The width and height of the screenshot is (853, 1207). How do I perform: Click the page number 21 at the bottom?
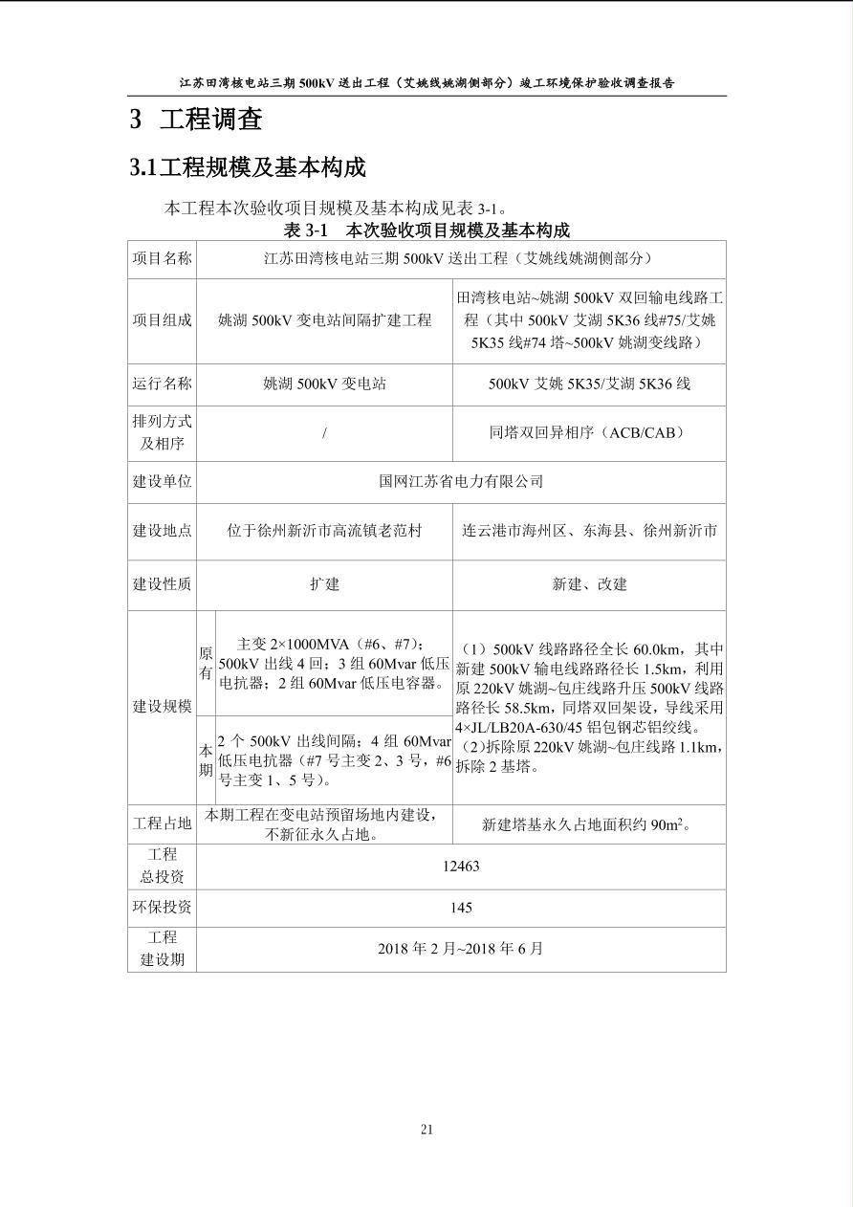tap(426, 1130)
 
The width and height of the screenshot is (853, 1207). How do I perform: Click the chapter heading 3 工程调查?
tap(195, 120)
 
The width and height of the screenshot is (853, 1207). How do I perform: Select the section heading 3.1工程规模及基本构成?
tap(248, 168)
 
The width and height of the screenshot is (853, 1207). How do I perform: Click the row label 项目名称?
tap(162, 258)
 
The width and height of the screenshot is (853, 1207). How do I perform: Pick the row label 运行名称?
tap(162, 384)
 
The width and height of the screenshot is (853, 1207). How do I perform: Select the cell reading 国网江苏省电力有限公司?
tap(461, 481)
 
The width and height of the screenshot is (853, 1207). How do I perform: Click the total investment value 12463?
tap(461, 867)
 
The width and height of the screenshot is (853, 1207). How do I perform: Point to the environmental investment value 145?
tap(461, 908)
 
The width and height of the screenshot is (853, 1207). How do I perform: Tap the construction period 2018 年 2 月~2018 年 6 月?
tap(461, 949)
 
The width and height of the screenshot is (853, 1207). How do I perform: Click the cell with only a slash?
tap(325, 433)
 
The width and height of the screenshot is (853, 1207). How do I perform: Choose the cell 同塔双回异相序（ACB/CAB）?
tap(588, 433)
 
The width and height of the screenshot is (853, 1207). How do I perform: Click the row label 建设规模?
tap(162, 707)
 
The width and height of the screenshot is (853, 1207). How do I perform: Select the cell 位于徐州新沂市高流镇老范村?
tap(324, 530)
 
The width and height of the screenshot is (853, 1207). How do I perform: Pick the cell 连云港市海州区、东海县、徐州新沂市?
tap(589, 530)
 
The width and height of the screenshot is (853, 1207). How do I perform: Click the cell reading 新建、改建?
tap(589, 584)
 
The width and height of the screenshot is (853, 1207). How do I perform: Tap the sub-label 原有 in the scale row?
tap(206, 663)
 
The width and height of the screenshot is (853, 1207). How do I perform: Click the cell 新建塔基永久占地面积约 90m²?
tap(588, 824)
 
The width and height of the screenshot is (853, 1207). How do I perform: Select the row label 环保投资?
tap(162, 908)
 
